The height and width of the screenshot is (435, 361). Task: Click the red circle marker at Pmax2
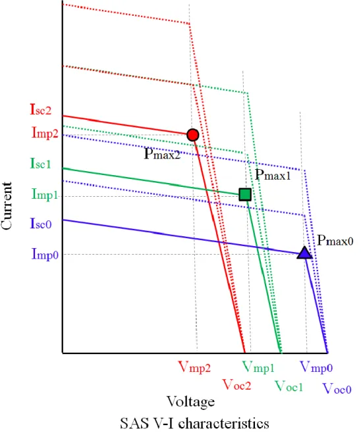(x=193, y=135)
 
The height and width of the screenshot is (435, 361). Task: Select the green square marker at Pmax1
(x=245, y=195)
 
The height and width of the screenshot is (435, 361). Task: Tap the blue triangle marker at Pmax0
(x=304, y=253)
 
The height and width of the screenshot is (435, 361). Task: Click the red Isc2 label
(x=41, y=110)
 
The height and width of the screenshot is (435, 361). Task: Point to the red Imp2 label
(x=45, y=133)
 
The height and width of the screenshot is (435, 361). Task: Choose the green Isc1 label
(x=41, y=163)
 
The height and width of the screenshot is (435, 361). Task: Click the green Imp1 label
(x=45, y=194)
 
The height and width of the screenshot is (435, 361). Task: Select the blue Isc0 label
(x=41, y=223)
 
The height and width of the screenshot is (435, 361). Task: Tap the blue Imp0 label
(x=45, y=254)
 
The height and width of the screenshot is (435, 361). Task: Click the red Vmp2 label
(x=194, y=367)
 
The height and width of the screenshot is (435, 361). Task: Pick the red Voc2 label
(x=237, y=385)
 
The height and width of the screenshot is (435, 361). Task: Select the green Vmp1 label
(x=258, y=367)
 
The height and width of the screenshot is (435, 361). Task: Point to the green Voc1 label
(x=289, y=386)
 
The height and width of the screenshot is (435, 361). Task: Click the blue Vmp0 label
(x=316, y=367)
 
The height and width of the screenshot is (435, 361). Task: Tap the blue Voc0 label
(x=337, y=389)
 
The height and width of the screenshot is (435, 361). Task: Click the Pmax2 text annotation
(x=163, y=153)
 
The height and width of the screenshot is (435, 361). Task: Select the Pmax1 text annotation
(x=273, y=174)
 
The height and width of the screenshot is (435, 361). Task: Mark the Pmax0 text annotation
(x=335, y=240)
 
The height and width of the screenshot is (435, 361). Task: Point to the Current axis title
(x=6, y=205)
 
